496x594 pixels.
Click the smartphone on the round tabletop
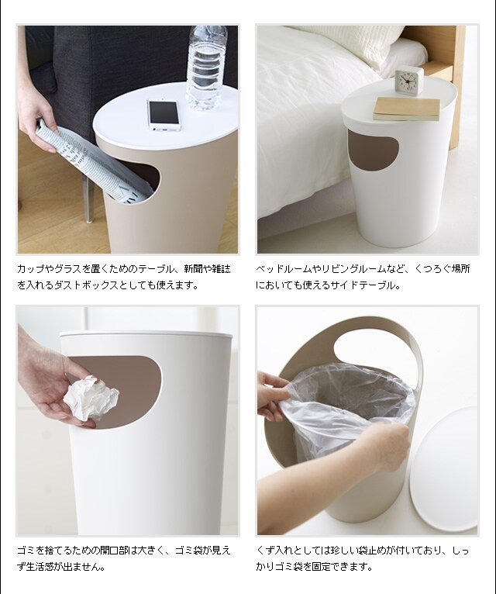click(x=164, y=116)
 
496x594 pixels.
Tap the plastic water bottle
click(x=207, y=67)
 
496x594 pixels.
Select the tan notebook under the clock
click(x=407, y=109)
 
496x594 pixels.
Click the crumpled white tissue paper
click(x=91, y=398)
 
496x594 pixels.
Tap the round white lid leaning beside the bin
click(x=444, y=469)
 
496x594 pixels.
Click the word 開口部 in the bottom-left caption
click(x=115, y=550)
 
